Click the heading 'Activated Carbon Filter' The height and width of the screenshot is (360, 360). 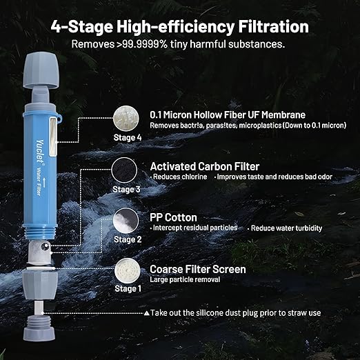(205, 166)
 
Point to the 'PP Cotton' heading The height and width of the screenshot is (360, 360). (174, 217)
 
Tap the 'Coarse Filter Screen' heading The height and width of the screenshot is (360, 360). (197, 269)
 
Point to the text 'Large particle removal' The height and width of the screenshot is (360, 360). (185, 279)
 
